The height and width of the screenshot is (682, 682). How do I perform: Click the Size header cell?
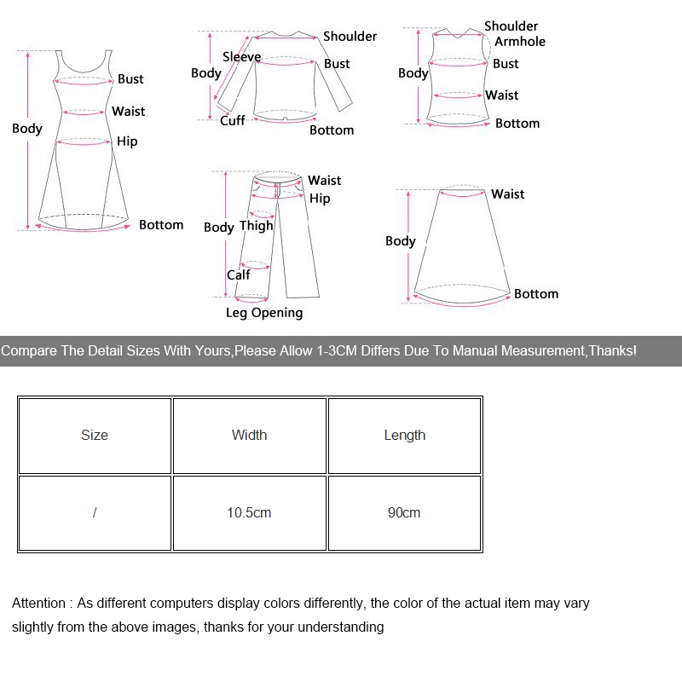[95, 435]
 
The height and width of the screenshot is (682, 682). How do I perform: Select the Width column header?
[249, 435]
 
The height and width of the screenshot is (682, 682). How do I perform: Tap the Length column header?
[404, 435]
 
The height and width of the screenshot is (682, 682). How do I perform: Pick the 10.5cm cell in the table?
[249, 512]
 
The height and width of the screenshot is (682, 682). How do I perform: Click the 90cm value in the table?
[404, 512]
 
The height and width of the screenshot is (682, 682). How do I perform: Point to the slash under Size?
[95, 512]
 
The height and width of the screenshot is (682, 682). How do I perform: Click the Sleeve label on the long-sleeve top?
[241, 56]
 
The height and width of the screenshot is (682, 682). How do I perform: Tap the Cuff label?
[232, 120]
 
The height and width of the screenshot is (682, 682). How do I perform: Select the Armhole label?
[520, 41]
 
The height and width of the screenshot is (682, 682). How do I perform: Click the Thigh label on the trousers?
[256, 225]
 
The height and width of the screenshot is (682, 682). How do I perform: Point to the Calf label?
[239, 275]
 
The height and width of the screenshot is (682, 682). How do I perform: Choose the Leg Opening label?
[264, 312]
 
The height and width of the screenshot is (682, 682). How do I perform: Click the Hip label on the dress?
[127, 141]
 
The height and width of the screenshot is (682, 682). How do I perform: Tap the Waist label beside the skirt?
[507, 194]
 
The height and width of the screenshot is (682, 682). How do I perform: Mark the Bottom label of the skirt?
[536, 293]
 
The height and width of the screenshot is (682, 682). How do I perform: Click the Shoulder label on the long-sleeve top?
[350, 36]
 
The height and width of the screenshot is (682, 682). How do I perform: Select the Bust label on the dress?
[130, 78]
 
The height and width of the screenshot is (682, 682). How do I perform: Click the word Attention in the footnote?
[38, 603]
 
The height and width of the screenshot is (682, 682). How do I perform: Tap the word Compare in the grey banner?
[29, 350]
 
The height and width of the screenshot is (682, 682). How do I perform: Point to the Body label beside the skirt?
[400, 240]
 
